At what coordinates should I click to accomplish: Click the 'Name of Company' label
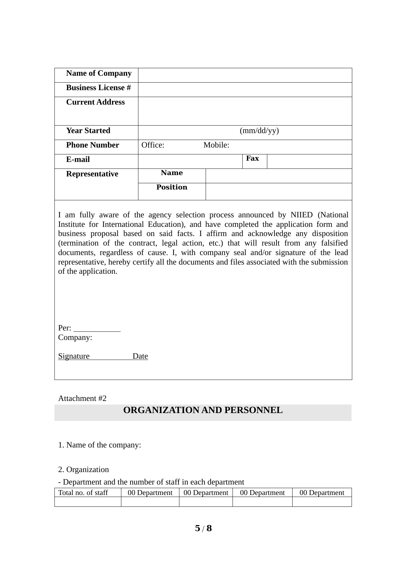point(99,73)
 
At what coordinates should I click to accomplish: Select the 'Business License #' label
point(98,88)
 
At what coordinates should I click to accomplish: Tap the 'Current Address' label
point(95,102)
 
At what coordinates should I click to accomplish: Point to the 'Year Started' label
point(88,131)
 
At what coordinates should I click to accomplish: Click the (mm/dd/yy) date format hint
point(259,131)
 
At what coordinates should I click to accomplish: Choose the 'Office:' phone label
point(153,145)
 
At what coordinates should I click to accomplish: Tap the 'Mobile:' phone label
point(216,145)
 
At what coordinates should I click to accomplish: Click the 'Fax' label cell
point(253,159)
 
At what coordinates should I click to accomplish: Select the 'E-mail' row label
point(78,160)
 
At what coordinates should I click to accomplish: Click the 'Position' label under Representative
point(172,187)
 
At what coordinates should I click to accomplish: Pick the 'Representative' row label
point(92,174)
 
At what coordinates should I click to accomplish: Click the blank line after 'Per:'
point(97,329)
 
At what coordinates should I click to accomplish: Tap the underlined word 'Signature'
point(74,356)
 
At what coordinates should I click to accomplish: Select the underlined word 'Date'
point(140,356)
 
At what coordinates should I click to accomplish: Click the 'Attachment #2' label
point(82,399)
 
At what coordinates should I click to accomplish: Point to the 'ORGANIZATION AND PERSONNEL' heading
point(203,410)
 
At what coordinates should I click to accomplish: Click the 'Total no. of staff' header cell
point(83,493)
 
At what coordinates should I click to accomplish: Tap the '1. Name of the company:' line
point(100,445)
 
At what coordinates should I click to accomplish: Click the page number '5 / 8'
point(203,528)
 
